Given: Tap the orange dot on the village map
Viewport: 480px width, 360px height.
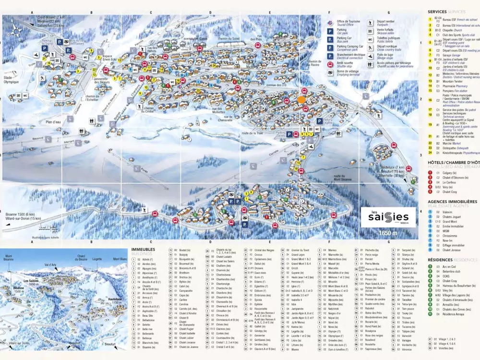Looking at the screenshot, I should click(301, 100).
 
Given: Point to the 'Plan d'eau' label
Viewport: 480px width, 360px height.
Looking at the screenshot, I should click(56, 122).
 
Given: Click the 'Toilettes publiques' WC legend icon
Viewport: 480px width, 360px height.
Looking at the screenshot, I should click(371, 38).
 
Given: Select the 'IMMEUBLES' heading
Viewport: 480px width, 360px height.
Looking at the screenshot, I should click(143, 250).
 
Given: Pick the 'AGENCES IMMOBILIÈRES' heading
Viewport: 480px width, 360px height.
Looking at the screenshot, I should click(452, 202).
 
